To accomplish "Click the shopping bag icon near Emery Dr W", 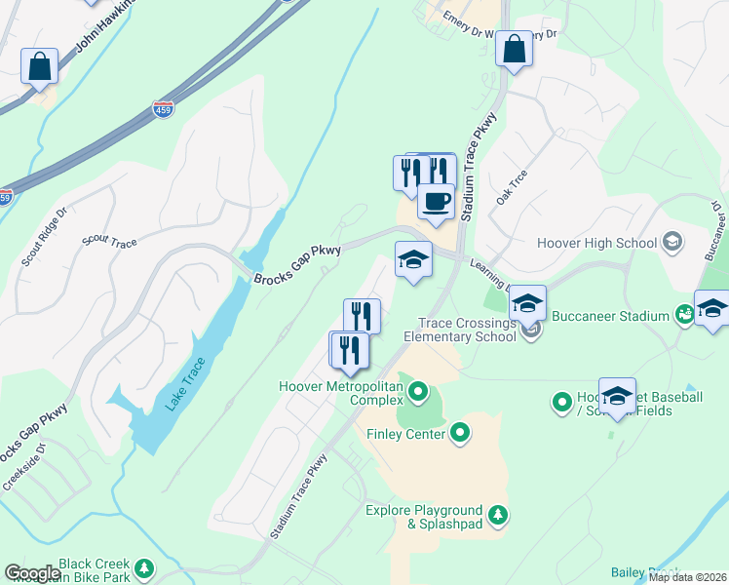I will coord(513,49).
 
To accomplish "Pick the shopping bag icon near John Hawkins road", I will coord(40,66).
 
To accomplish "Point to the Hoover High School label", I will coord(596,242).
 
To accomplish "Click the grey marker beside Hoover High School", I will coord(671,241).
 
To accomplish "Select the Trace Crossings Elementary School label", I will coord(467,330).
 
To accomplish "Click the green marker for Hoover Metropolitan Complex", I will coord(418,393).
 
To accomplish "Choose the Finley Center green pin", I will coord(461,433).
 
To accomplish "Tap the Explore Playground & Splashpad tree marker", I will coord(498,514).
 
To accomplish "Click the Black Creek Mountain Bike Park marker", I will coord(144,567).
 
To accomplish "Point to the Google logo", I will coord(32,573).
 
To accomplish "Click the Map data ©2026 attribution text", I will coord(687,577).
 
